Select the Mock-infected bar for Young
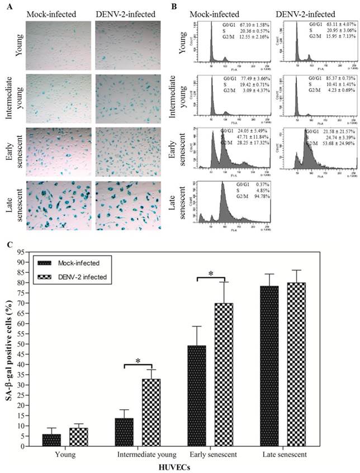(x=51, y=440)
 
